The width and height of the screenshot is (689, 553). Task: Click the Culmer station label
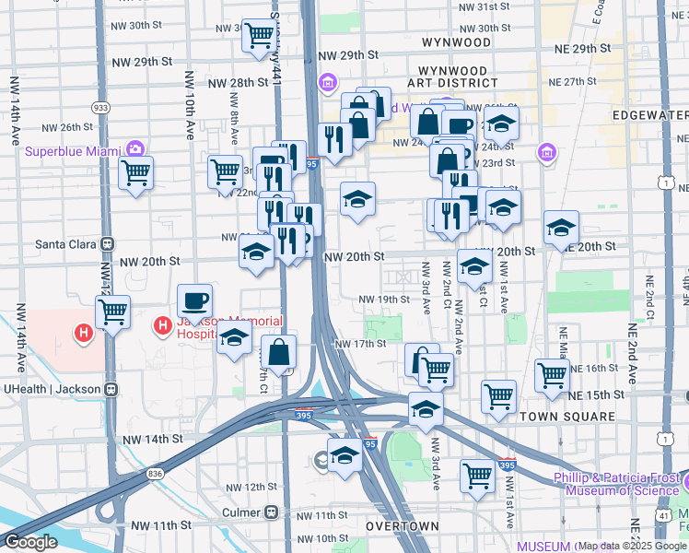coord(242,512)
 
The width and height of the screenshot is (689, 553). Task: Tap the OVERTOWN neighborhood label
coord(402,526)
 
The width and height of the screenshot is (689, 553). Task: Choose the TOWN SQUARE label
coord(566,417)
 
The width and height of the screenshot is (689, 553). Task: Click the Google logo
coord(29,542)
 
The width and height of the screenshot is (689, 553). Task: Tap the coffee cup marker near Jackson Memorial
coord(194,301)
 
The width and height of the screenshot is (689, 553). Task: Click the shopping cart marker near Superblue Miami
coord(136,173)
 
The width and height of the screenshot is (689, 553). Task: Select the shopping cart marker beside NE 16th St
coord(552,375)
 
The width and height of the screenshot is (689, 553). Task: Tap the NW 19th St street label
coord(383,300)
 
